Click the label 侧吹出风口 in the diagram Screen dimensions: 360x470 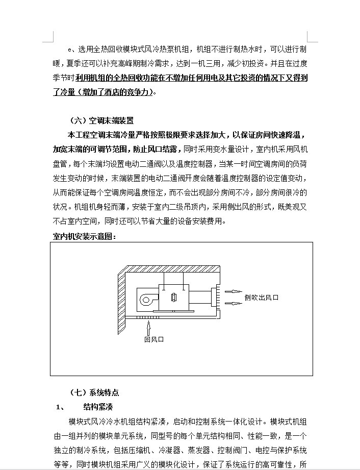pyautogui.click(x=262, y=298)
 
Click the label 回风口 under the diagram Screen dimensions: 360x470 pyautogui.click(x=154, y=339)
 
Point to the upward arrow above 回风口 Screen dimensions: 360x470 pyautogui.click(x=148, y=328)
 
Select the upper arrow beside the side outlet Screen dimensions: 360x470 pyautogui.click(x=233, y=291)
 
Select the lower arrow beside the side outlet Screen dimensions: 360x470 pyautogui.click(x=233, y=303)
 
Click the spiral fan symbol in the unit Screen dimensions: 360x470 pyautogui.click(x=147, y=300)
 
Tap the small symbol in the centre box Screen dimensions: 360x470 pyautogui.click(x=174, y=298)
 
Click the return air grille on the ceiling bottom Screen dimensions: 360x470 pyautogui.click(x=148, y=317)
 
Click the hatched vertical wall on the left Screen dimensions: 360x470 pyautogui.click(x=121, y=302)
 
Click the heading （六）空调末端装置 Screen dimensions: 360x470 pyautogui.click(x=101, y=120)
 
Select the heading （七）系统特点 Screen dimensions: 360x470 pyautogui.click(x=94, y=392)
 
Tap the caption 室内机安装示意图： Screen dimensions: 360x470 pyautogui.click(x=85, y=236)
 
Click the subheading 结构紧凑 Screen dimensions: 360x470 pyautogui.click(x=98, y=407)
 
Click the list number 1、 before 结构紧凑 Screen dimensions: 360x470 pyautogui.click(x=60, y=407)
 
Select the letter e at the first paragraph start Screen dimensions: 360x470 pyautogui.click(x=70, y=50)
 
